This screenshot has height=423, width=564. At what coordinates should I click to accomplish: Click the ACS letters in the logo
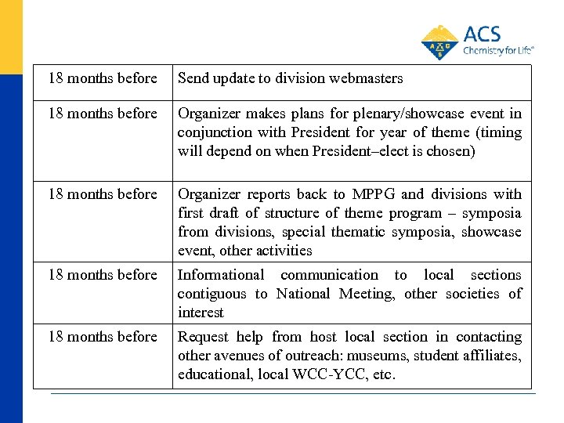click(x=482, y=34)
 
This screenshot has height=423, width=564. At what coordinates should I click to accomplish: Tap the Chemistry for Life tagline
click(x=498, y=50)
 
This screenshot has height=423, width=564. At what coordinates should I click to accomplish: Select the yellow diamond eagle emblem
click(x=439, y=43)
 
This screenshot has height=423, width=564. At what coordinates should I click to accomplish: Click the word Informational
click(x=221, y=275)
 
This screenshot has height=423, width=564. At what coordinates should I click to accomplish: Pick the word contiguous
click(x=211, y=294)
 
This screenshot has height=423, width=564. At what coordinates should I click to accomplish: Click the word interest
click(x=201, y=313)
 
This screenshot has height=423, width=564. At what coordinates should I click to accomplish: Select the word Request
click(x=201, y=337)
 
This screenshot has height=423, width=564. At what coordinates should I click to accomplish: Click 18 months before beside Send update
click(x=103, y=78)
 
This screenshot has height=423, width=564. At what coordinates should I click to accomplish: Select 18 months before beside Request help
click(x=103, y=337)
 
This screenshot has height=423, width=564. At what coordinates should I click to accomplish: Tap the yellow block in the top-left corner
click(x=11, y=35)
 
